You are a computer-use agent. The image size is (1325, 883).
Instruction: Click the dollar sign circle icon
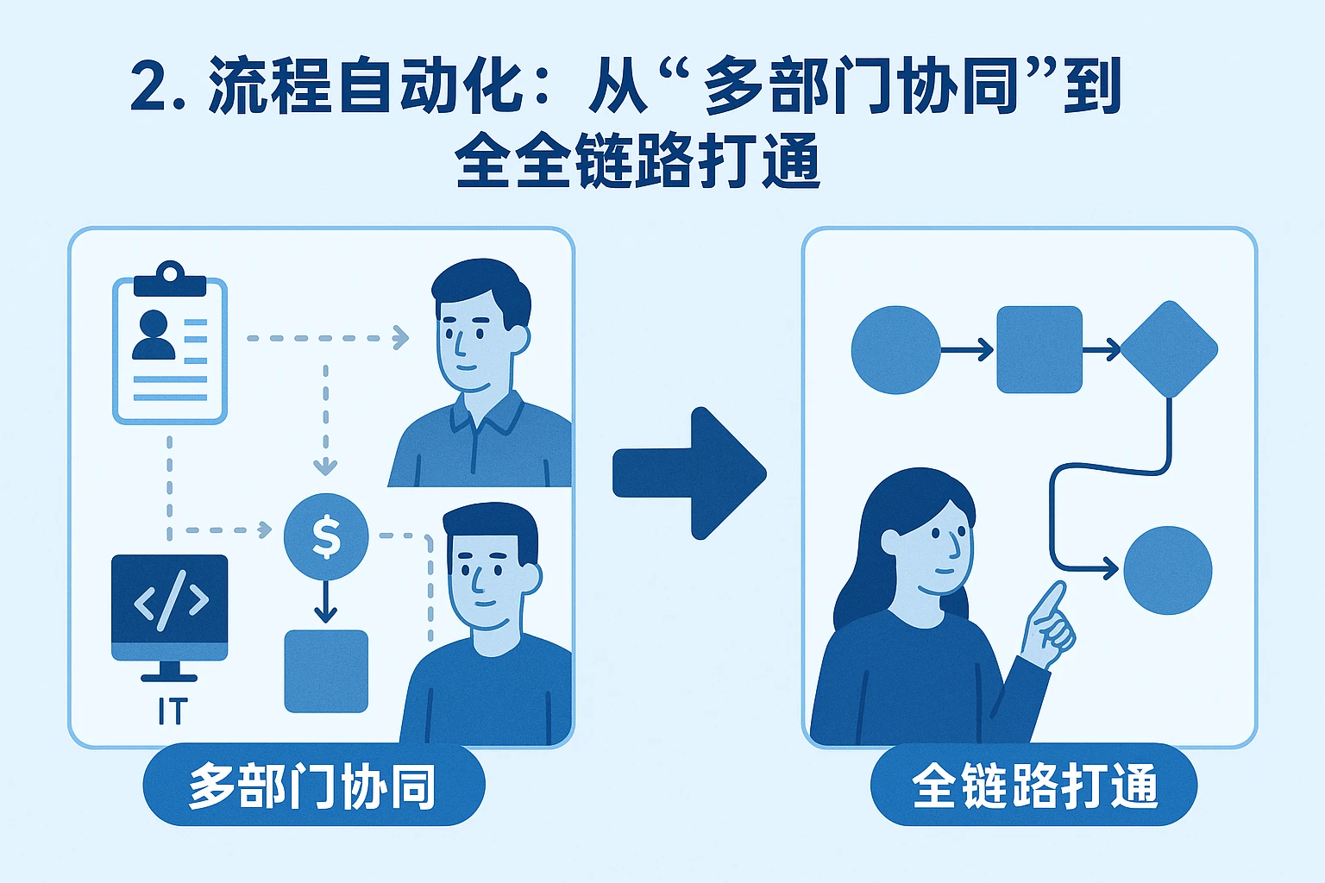326,536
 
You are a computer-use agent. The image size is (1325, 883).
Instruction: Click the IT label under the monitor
171,712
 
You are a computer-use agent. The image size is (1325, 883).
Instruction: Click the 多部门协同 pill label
313,786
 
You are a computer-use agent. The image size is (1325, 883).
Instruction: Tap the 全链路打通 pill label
1033,786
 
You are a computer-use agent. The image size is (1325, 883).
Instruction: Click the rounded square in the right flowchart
1039,349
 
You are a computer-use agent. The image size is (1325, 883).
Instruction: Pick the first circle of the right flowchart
895,350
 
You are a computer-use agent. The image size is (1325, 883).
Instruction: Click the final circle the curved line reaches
1168,570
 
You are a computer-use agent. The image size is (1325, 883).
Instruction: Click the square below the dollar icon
326,671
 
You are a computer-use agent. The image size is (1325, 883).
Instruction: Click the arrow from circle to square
967,349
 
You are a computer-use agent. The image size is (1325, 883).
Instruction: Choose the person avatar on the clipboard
154,335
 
